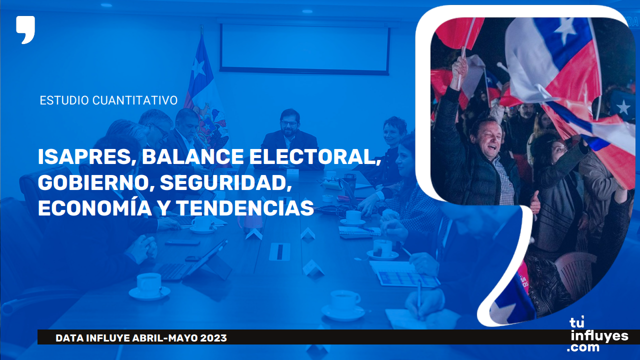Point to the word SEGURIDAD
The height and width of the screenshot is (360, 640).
(x=226, y=183)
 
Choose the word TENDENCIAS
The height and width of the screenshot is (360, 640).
(x=245, y=208)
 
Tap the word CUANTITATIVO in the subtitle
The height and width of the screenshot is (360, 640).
(x=135, y=100)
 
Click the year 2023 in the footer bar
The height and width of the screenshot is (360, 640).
(x=213, y=338)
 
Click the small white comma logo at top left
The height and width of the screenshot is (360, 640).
(x=25, y=29)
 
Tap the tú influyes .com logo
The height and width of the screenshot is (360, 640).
(x=597, y=334)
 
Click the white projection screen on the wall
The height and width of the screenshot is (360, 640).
(x=305, y=49)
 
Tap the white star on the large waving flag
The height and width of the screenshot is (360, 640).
(x=565, y=28)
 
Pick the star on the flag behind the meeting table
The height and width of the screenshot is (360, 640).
(x=198, y=67)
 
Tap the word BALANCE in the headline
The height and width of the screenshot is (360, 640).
(x=192, y=157)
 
